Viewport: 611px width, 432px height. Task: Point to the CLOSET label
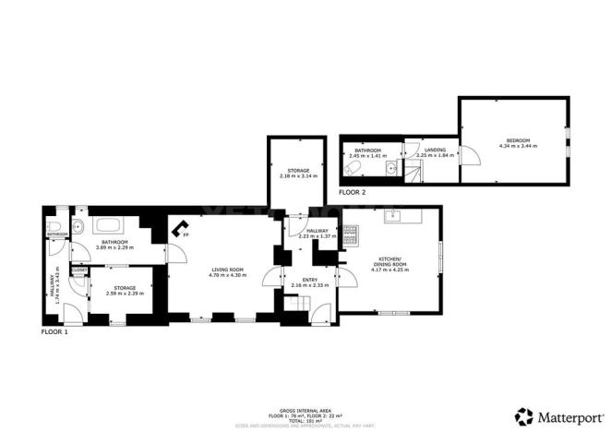coord(79,270)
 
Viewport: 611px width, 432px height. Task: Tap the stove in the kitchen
coord(350,240)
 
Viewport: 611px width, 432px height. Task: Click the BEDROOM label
coord(515,140)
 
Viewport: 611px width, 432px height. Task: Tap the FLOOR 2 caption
coord(352,192)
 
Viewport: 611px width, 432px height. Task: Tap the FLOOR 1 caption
coord(54,330)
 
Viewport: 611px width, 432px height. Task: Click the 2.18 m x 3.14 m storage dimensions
coord(297,175)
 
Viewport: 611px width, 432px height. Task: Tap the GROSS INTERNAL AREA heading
coord(305,408)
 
